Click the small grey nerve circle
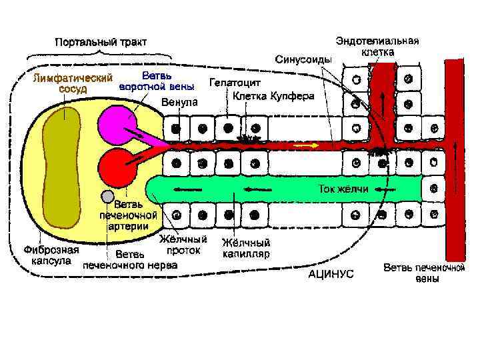pos(107,196)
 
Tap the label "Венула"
pos(179,102)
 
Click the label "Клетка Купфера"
pos(273,96)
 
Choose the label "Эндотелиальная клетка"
pos(377,45)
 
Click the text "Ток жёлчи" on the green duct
pos(343,189)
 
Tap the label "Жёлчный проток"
pos(183,244)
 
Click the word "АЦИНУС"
pos(331,273)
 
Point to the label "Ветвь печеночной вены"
pos(423,273)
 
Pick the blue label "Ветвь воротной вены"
pos(157,81)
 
